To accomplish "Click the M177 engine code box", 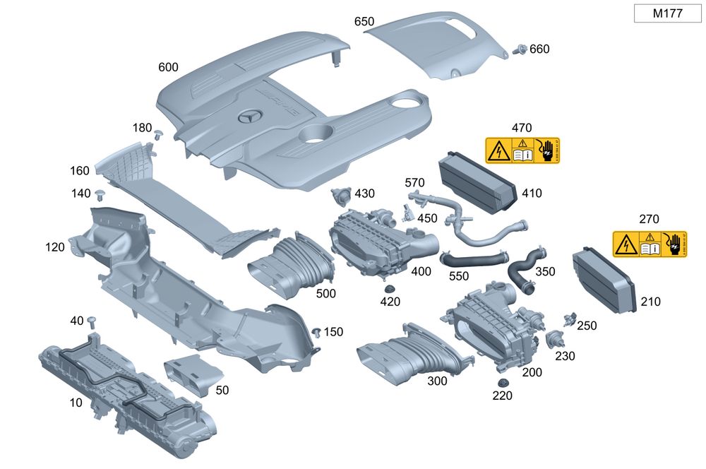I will point(667,13).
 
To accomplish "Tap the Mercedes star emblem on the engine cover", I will point(251,118).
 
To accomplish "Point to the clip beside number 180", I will point(158,133).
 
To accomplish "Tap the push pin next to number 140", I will point(100,194).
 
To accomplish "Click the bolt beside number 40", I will point(91,323).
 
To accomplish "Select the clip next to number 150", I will point(316,331).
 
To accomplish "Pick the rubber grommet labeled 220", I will point(503,384).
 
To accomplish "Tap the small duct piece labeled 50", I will point(191,375).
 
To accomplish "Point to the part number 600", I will point(168,67).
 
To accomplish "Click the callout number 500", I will point(325,293).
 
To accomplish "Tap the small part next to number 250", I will point(571,321).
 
